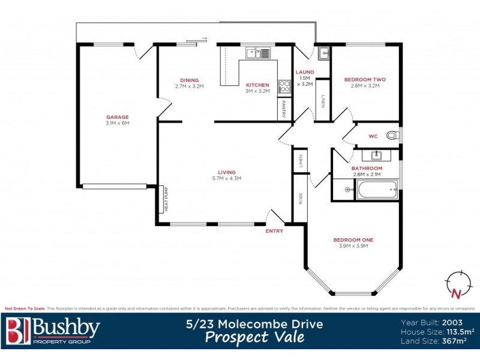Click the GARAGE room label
[118, 117]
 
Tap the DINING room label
[190, 80]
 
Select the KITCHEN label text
[257, 85]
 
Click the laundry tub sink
[324, 53]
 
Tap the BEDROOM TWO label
[365, 79]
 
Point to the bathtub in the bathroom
[377, 191]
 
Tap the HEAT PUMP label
[166, 200]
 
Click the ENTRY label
[274, 231]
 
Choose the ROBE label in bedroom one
[299, 199]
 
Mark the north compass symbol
[457, 284]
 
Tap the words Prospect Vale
[254, 337]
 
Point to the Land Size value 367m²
[455, 341]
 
